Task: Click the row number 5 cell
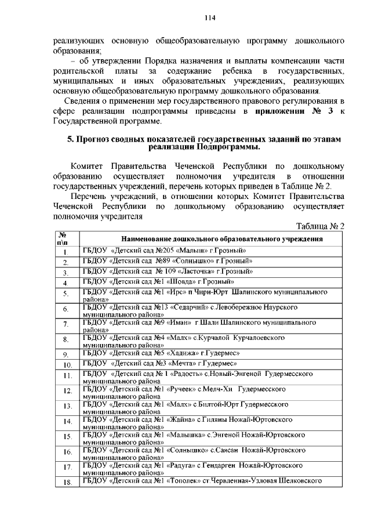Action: [66, 294]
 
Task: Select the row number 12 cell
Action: [67, 392]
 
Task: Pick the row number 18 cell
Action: [67, 482]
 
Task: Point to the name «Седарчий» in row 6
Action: [185, 306]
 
